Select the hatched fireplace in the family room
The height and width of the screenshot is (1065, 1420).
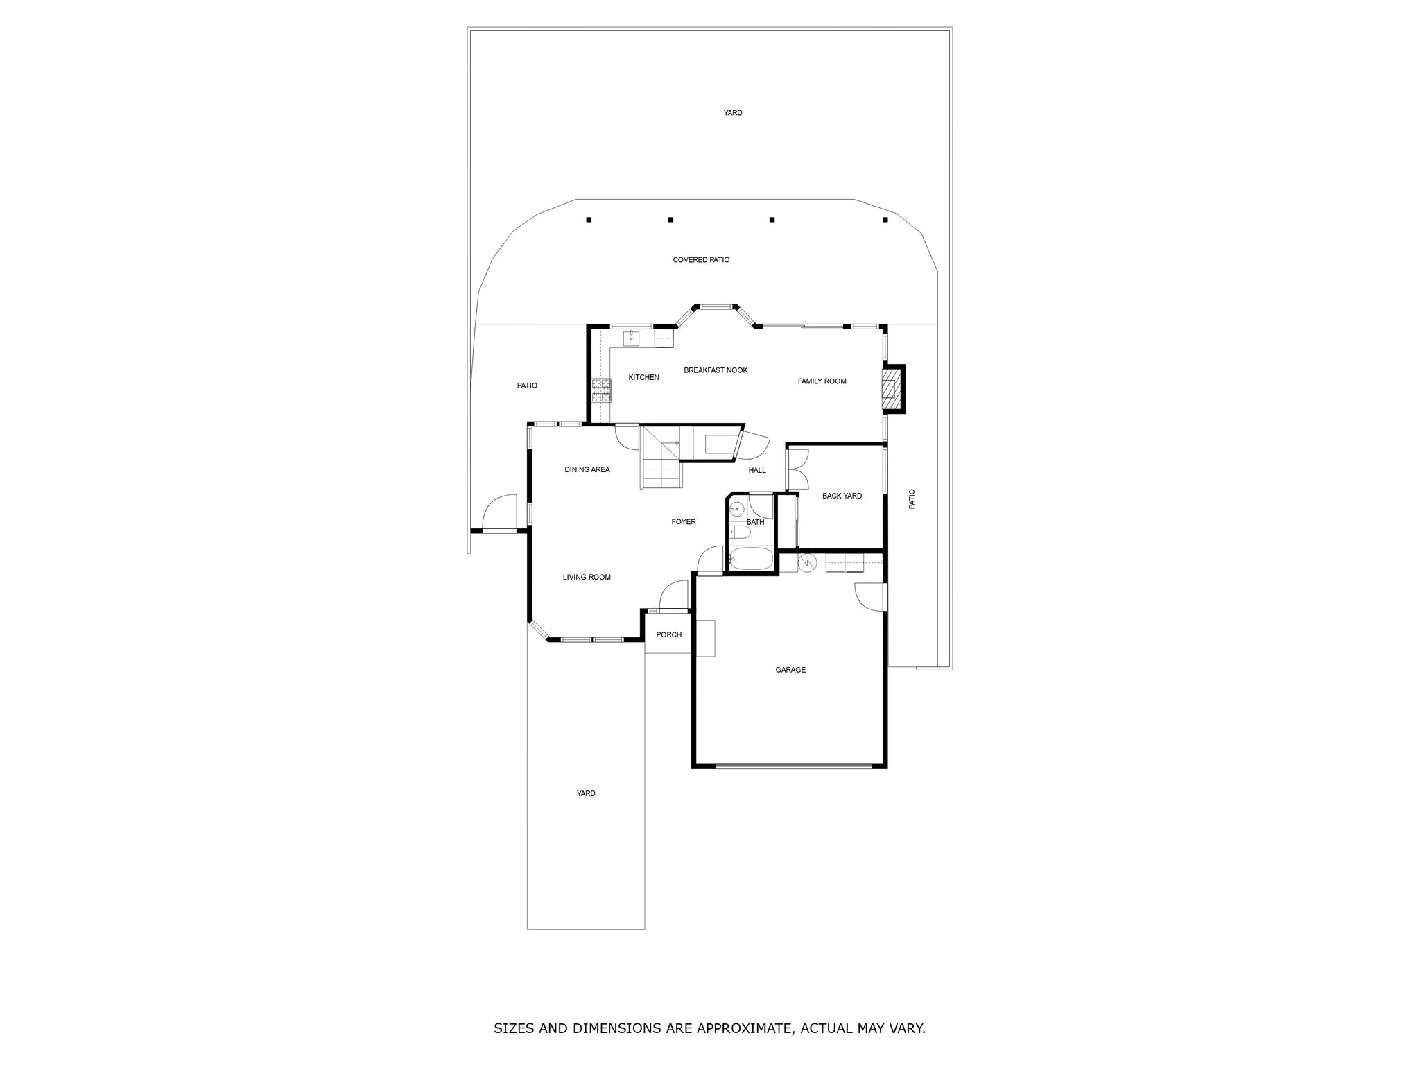click(888, 389)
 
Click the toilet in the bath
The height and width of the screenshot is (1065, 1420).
click(738, 532)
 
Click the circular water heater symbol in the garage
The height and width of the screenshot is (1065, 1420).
click(807, 562)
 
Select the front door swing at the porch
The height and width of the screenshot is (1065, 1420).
click(672, 596)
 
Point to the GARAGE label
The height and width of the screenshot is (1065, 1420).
click(790, 670)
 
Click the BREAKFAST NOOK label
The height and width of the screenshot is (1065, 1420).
click(716, 370)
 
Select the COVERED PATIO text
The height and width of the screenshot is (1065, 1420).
click(701, 260)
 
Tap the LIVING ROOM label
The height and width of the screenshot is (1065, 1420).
click(587, 577)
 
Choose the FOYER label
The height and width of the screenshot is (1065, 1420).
click(684, 522)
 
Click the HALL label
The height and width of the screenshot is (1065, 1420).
click(757, 470)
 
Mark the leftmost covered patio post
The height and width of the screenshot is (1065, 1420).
click(589, 220)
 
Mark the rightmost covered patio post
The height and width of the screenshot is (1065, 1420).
click(885, 220)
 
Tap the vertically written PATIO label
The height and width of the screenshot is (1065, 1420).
click(912, 499)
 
